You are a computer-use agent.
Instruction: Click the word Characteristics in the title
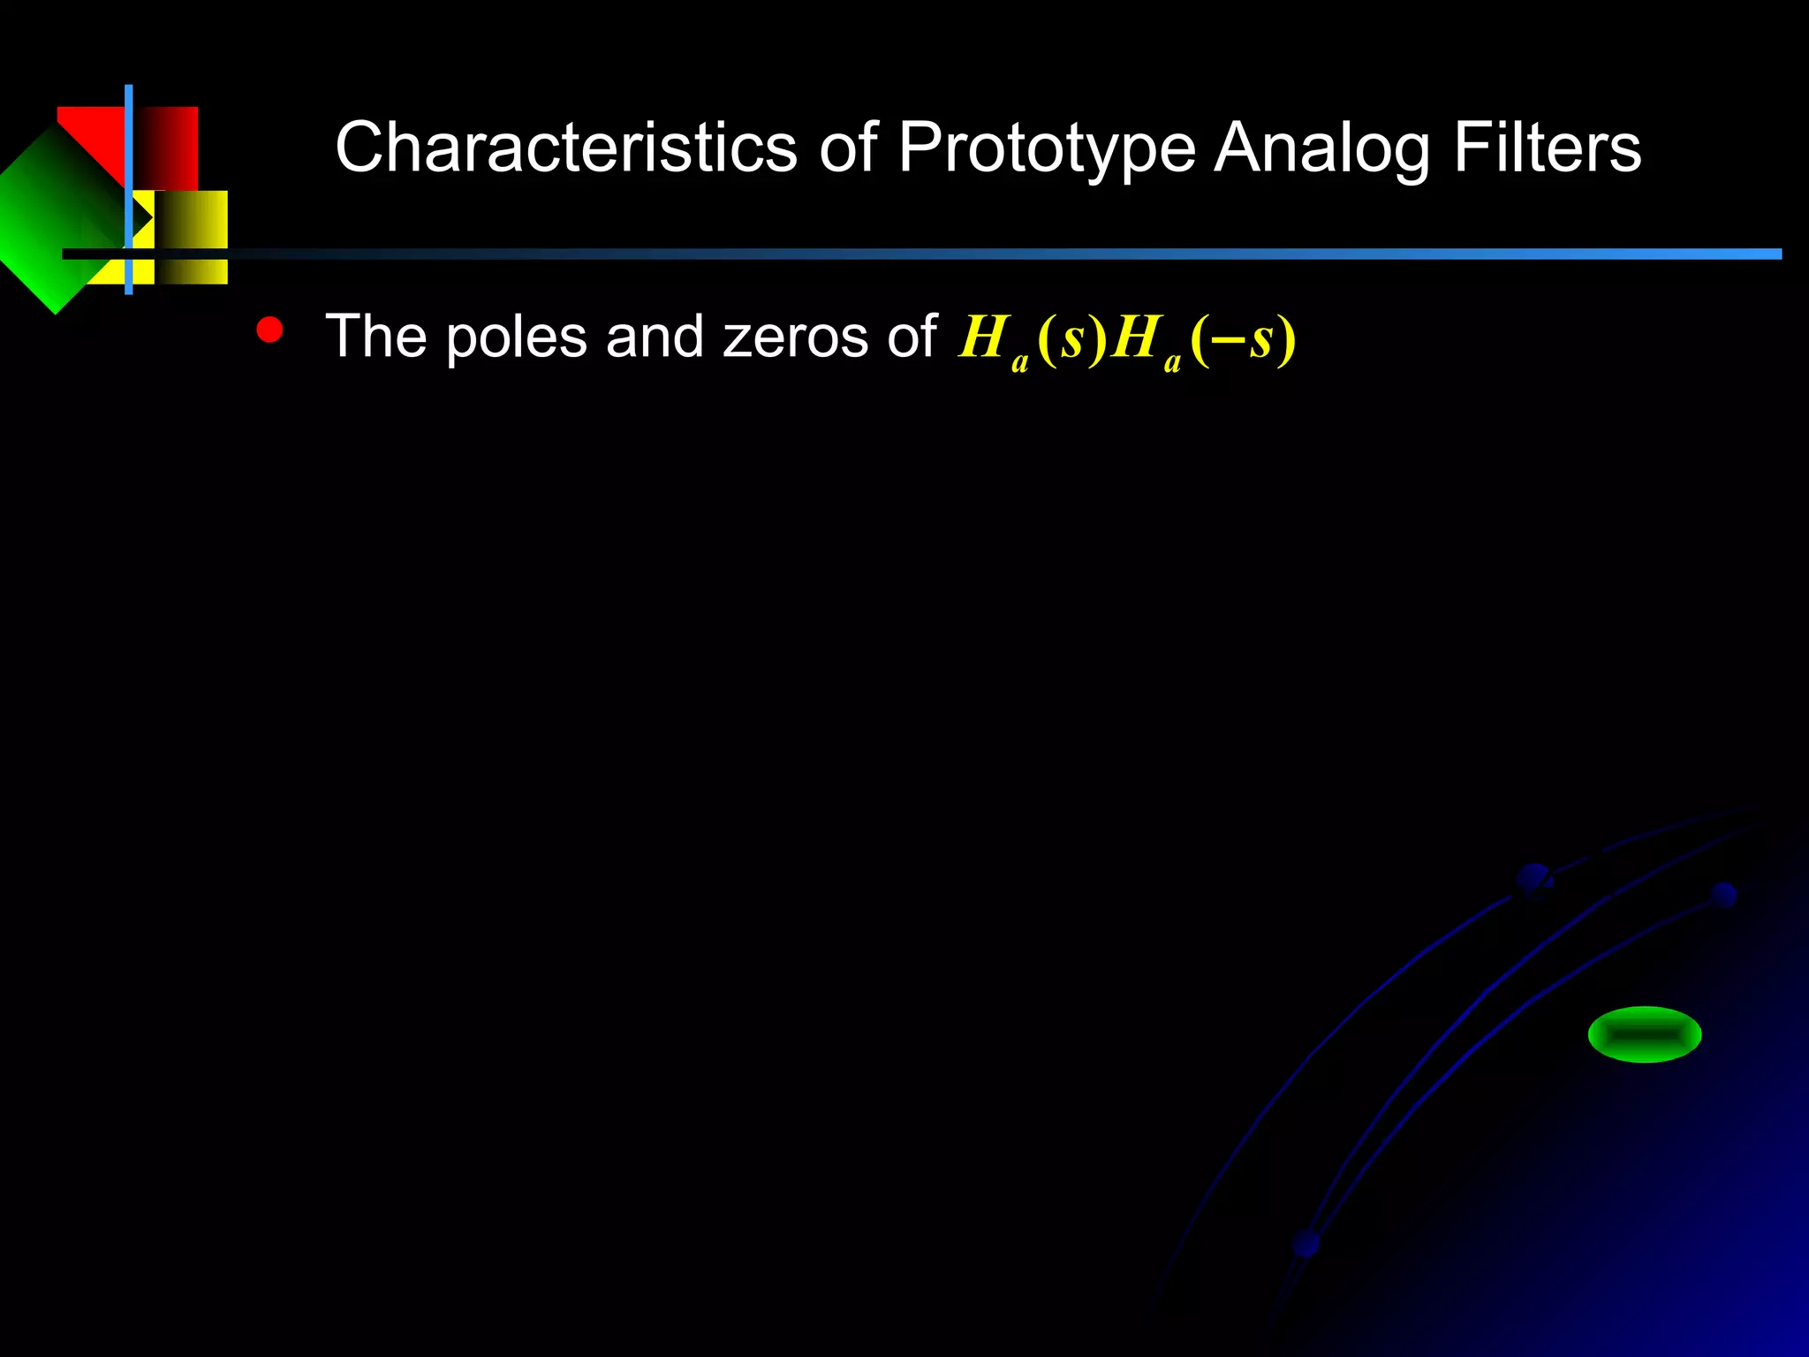click(565, 148)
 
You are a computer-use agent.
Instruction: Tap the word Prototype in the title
click(1046, 148)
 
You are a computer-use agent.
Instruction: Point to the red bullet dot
click(269, 330)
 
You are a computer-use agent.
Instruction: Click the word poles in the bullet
click(516, 337)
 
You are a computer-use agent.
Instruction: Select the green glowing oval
click(1644, 1034)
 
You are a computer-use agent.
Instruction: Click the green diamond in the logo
click(53, 221)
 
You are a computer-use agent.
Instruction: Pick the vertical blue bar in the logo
click(129, 190)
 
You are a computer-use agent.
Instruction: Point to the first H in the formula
click(983, 337)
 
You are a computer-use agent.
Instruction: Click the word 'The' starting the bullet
click(370, 337)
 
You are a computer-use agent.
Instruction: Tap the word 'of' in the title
click(848, 148)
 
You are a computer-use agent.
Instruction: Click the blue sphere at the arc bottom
click(1306, 1244)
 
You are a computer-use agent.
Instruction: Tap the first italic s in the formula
click(1071, 338)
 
